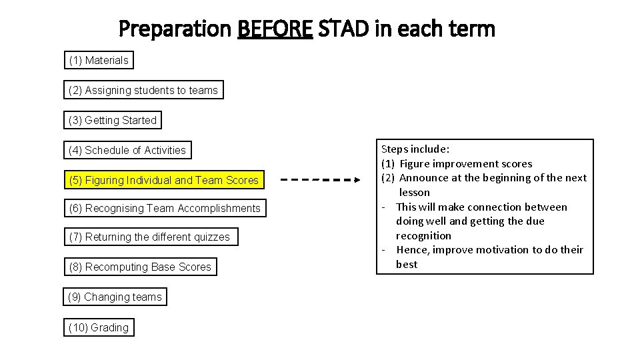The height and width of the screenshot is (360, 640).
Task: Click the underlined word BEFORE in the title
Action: [275, 29]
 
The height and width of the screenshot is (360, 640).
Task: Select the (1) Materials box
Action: [99, 61]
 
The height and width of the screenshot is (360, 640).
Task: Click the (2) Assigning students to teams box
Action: [143, 91]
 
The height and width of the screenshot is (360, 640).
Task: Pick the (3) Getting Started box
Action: [113, 121]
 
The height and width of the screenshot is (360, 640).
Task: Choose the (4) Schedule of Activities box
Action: [127, 151]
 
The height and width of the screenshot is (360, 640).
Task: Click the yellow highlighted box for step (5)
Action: [164, 181]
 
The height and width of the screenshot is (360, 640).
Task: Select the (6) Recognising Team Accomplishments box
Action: [165, 209]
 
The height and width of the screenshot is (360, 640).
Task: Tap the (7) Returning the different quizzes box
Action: [149, 237]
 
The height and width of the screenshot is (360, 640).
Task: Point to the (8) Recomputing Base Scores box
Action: [140, 267]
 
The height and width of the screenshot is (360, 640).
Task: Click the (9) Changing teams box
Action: [115, 297]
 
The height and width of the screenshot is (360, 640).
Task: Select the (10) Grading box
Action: [99, 328]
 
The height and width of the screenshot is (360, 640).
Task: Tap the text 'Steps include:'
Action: [415, 149]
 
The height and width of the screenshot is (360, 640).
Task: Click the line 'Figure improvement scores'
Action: [466, 164]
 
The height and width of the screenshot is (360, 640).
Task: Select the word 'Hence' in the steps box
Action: [411, 250]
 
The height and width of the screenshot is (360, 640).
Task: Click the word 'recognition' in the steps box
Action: [423, 236]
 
